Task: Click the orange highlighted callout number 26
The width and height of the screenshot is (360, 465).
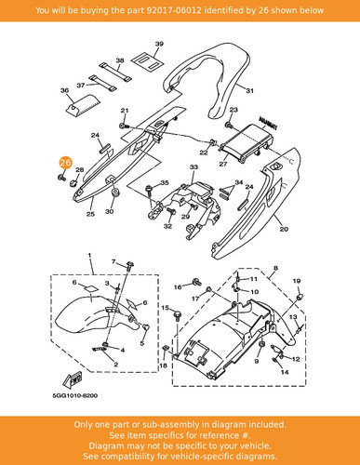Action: tap(65, 163)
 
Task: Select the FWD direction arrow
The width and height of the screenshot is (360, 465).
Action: tap(73, 379)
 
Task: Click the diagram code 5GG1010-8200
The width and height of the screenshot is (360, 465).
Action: tap(74, 396)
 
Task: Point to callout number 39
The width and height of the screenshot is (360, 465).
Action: tap(159, 44)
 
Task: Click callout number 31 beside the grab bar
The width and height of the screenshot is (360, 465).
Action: tap(250, 90)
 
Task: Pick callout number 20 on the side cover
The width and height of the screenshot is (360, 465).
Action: tap(284, 229)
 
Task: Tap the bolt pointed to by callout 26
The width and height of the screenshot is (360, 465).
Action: tap(61, 178)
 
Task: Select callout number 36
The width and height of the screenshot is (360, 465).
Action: tap(64, 90)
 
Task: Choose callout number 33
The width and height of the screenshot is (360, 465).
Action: tap(193, 167)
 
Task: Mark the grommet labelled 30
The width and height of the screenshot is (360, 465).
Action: tap(115, 193)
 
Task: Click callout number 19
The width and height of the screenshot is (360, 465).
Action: tap(297, 281)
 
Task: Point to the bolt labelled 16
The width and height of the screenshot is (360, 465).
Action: tap(196, 282)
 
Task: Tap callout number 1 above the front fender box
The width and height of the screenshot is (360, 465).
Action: tap(89, 256)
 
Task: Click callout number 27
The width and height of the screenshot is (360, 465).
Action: tap(223, 164)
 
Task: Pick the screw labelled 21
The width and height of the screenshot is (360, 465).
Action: tap(124, 126)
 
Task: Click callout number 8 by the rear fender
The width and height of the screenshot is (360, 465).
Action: tap(275, 269)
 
